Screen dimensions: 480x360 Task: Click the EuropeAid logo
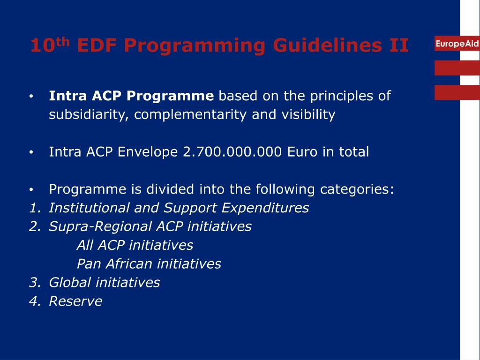[x=457, y=44]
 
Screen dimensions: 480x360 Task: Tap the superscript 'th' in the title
[x=63, y=41]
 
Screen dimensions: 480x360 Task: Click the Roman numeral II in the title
[x=399, y=45]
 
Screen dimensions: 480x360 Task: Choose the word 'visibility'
[x=308, y=115]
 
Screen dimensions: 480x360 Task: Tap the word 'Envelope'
[x=148, y=152]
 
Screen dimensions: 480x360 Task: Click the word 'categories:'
[x=357, y=189]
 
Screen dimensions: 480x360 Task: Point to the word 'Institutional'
[x=89, y=208]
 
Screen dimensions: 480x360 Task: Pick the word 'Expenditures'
[x=265, y=208]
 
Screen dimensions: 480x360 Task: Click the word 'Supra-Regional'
[x=100, y=227]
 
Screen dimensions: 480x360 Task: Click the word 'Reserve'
[x=75, y=301]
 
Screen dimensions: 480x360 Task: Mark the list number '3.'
[x=35, y=283]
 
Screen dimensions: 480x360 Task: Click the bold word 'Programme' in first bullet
[x=170, y=96]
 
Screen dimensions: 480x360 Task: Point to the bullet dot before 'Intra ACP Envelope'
[x=31, y=152]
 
